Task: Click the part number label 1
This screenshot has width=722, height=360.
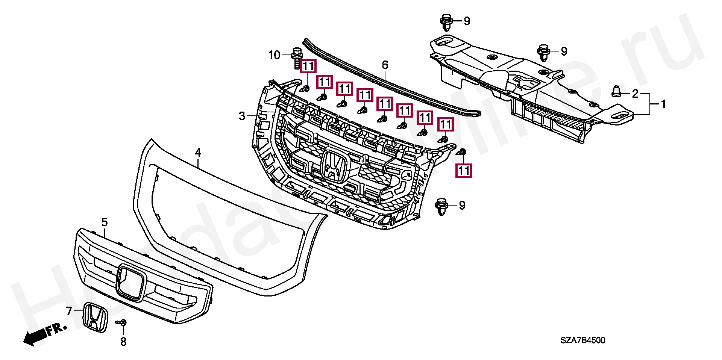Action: click(x=663, y=104)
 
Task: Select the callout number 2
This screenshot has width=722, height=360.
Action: click(x=635, y=94)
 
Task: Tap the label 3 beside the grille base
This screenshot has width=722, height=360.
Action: click(x=242, y=116)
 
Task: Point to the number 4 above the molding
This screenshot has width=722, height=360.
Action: click(x=198, y=153)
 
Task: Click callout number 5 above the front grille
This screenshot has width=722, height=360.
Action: click(x=105, y=222)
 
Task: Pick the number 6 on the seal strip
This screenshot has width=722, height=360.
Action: click(x=385, y=65)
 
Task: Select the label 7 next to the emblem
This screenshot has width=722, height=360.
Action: click(x=69, y=311)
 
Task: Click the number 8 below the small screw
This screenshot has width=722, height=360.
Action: click(x=123, y=342)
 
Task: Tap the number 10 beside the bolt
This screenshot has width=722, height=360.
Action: click(x=274, y=55)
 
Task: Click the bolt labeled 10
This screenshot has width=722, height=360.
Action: click(x=297, y=58)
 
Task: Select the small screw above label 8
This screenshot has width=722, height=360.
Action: click(x=123, y=323)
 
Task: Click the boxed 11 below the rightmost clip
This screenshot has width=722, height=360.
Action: click(x=464, y=171)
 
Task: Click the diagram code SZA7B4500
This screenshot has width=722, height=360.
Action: click(x=582, y=340)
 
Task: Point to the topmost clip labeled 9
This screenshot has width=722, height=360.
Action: click(x=446, y=21)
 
